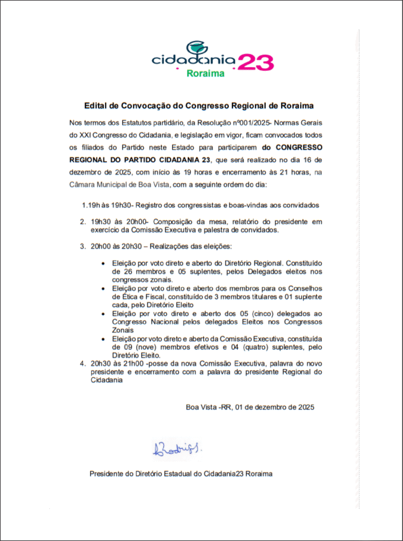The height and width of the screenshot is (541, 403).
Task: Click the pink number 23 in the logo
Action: (x=256, y=62)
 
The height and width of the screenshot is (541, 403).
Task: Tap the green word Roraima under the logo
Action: (x=206, y=74)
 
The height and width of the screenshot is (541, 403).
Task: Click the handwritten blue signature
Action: (x=176, y=449)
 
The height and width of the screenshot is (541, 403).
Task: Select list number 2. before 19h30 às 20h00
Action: (x=83, y=222)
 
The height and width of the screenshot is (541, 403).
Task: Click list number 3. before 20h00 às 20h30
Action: (x=83, y=246)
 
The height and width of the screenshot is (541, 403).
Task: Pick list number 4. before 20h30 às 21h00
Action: (x=83, y=363)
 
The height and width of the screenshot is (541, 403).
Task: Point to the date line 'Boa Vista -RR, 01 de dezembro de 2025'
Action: (x=250, y=407)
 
